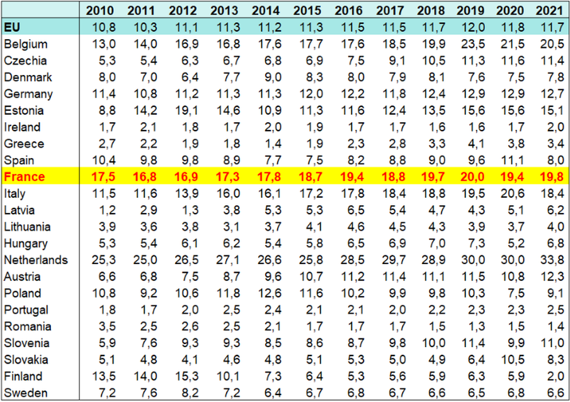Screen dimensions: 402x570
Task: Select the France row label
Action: [x=25, y=177]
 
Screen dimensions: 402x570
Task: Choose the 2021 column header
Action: [x=549, y=11]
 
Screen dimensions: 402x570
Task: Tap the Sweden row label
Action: [x=23, y=393]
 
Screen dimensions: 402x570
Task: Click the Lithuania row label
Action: [x=27, y=227]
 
